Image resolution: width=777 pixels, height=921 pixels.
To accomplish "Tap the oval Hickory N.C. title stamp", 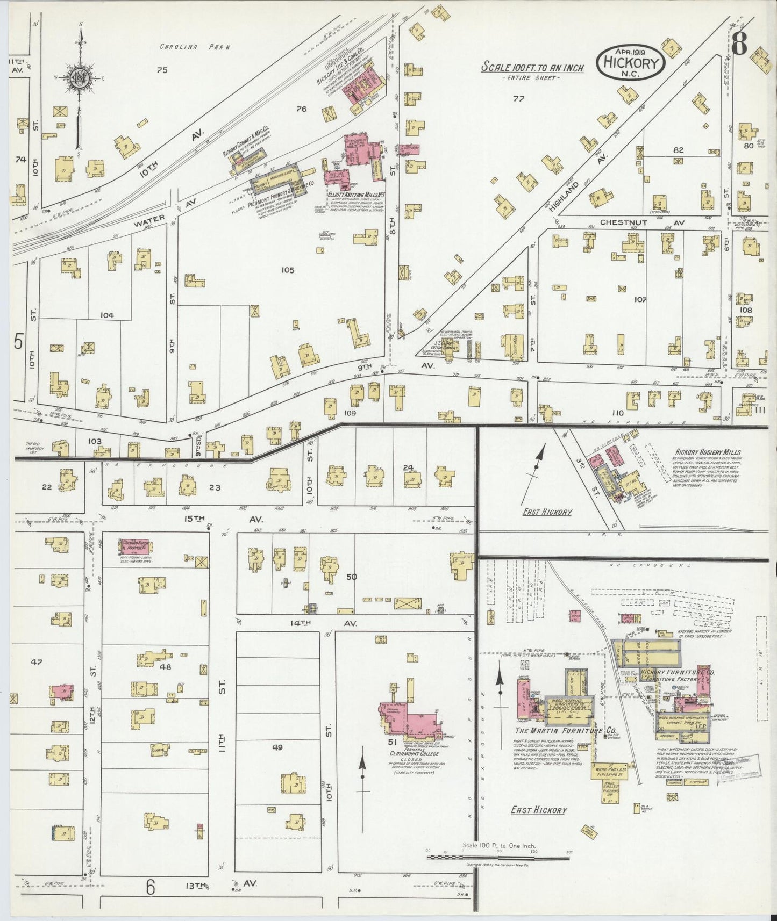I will pos(631,62).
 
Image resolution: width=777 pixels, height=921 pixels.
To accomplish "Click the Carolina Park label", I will pos(195,47).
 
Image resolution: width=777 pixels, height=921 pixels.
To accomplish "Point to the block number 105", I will pos(288,270).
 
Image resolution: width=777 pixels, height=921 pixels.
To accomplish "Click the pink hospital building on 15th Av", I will pos(135,546).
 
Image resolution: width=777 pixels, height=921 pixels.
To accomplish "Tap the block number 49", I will pos(277,747).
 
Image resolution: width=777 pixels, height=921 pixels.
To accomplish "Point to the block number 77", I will pos(518,98).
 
